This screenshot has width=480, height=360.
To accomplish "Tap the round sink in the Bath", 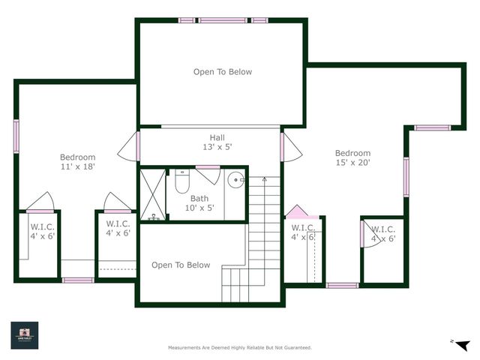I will [x=236, y=179].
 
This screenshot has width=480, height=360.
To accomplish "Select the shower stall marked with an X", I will [x=152, y=195].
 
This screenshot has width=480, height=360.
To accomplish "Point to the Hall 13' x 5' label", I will [x=217, y=142].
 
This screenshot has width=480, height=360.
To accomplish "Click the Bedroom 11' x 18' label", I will [x=78, y=162].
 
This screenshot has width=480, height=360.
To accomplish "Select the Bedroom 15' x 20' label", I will [x=352, y=157].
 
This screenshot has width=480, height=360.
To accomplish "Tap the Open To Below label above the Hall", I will [x=223, y=72].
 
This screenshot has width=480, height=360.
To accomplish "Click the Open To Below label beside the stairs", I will [x=181, y=265].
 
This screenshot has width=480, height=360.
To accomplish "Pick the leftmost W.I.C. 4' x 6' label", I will [x=42, y=230].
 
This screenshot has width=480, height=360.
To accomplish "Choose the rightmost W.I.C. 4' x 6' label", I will [x=382, y=234].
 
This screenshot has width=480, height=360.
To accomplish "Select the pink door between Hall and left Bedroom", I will [x=138, y=146].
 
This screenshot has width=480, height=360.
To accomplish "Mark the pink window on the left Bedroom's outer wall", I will [x=16, y=136].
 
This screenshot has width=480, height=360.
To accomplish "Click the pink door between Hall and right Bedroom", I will [x=282, y=145].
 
